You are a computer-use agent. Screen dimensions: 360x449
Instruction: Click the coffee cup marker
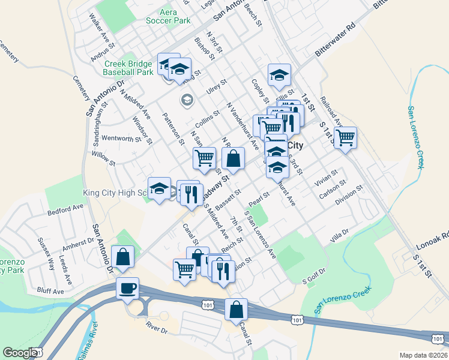(x=127, y=289)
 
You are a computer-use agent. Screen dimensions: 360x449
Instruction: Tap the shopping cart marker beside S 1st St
(x=345, y=137)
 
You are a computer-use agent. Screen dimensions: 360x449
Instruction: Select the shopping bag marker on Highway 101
(x=237, y=310)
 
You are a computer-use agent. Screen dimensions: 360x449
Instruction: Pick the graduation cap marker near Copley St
(x=279, y=75)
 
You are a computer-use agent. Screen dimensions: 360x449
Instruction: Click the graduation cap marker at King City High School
(x=160, y=190)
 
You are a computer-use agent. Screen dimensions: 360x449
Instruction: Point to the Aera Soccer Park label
(x=167, y=16)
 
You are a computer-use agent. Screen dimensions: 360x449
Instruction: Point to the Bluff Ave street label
(x=50, y=291)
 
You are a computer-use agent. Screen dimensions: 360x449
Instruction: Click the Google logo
(x=20, y=353)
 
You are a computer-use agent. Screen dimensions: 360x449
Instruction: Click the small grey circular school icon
(x=187, y=99)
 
